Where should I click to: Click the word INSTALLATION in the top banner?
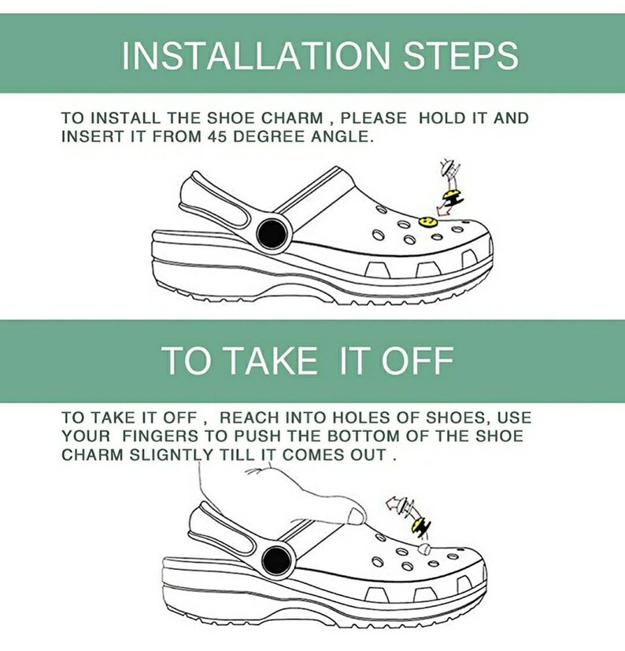point(256,55)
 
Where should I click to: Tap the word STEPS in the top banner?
point(460,55)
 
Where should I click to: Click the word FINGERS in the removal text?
point(160,436)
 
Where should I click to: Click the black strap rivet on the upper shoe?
point(272,234)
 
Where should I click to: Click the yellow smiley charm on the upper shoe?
point(428,222)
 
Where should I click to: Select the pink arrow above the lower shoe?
point(394,504)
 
